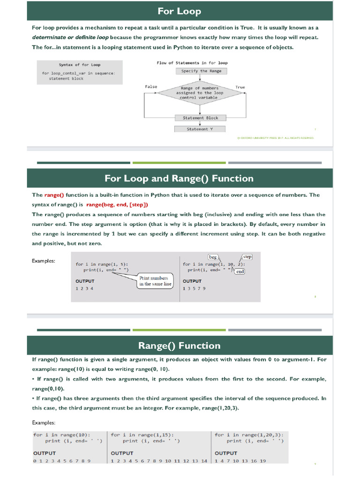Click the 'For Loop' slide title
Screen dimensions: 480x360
pos(180,11)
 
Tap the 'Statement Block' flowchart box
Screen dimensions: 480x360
pos(200,118)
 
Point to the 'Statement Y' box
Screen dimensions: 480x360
pos(200,129)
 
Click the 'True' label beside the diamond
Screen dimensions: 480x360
pos(240,87)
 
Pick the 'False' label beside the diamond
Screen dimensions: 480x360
pos(151,87)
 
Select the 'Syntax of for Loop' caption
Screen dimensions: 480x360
pos(80,65)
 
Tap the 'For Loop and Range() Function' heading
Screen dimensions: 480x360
pos(179,179)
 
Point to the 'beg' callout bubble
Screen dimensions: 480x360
pos(213,257)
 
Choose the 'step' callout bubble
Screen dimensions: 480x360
pos(247,257)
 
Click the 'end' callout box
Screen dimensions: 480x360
pos(240,271)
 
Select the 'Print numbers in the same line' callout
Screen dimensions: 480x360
pos(155,281)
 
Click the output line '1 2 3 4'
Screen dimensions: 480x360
pos(84,289)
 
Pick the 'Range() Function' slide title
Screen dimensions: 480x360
pos(179,346)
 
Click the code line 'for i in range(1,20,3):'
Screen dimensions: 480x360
pos(249,435)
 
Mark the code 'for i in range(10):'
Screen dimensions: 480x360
pos(62,435)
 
